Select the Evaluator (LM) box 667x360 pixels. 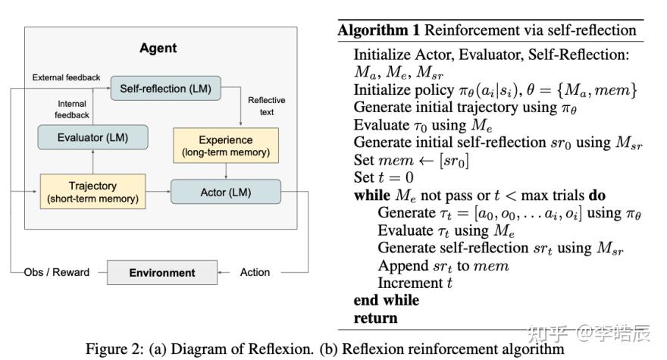pyautogui.click(x=92, y=137)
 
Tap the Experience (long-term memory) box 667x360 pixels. pyautogui.click(x=225, y=146)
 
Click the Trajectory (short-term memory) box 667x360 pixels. pyautogui.click(x=92, y=192)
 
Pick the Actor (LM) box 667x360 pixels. pyautogui.click(x=225, y=192)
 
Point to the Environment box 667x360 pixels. pyautogui.click(x=161, y=272)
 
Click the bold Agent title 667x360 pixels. pyautogui.click(x=158, y=48)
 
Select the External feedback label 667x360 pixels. pyautogui.click(x=67, y=77)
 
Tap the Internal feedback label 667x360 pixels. pyautogui.click(x=72, y=108)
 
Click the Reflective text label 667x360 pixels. pyautogui.click(x=261, y=105)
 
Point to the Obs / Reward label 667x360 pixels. pyautogui.click(x=57, y=272)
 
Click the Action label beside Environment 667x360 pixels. pyautogui.click(x=255, y=272)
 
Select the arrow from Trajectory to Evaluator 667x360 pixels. pyautogui.click(x=92, y=161)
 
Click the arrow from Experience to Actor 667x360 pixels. pyautogui.click(x=225, y=171)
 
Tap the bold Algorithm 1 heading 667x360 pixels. pyautogui.click(x=379, y=31)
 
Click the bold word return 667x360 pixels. pyautogui.click(x=375, y=318)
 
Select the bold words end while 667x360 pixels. pyautogui.click(x=386, y=300)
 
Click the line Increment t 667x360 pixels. pyautogui.click(x=415, y=283)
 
